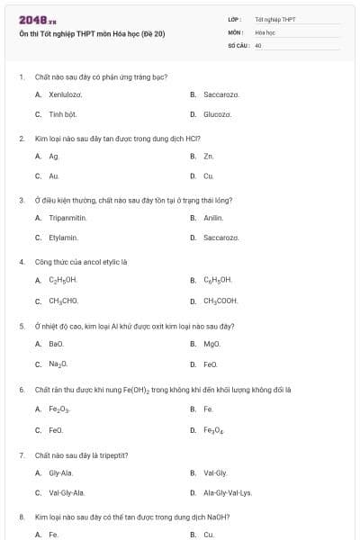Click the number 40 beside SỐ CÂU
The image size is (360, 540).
[x=258, y=44]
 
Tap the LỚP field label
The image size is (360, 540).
[x=235, y=19]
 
